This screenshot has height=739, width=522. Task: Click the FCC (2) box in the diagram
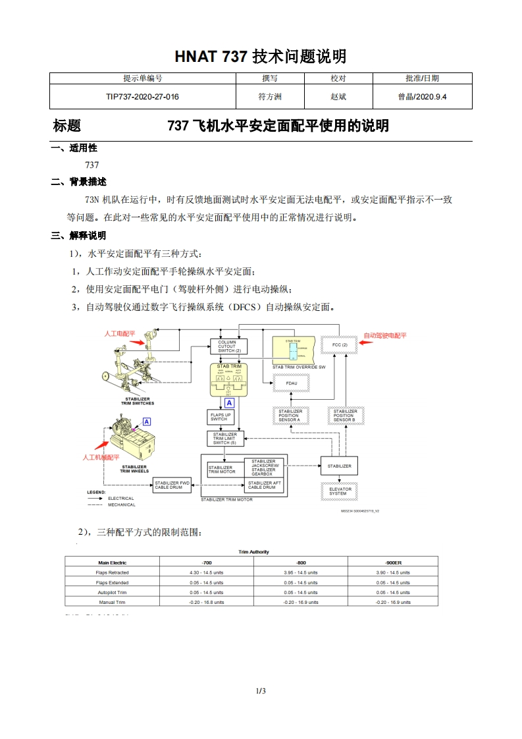tap(340, 345)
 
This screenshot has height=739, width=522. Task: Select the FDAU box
tap(291, 382)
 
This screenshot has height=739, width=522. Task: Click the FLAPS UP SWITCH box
tap(221, 417)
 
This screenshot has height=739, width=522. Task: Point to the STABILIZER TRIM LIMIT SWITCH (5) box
tap(225, 439)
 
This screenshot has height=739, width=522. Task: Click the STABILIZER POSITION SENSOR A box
tap(290, 416)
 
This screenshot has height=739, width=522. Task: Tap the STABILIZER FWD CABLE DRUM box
tap(172, 485)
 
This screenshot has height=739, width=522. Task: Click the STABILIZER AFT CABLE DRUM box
tap(263, 485)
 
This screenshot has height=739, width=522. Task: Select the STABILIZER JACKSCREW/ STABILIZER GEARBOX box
tap(263, 467)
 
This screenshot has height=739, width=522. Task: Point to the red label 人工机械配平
tap(101, 456)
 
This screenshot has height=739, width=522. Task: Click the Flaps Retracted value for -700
tap(207, 572)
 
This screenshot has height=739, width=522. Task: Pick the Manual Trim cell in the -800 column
tap(300, 602)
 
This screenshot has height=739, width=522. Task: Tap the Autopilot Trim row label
tap(112, 592)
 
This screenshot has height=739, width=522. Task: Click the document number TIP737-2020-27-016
tap(142, 97)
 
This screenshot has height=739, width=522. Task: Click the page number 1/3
tap(261, 691)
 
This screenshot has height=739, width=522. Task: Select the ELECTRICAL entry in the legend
tap(120, 499)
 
